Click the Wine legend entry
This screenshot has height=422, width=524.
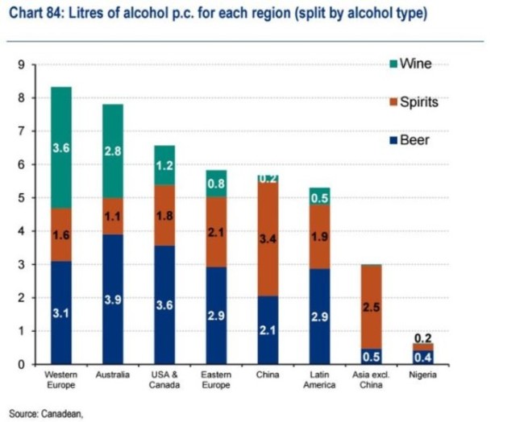pos(414,64)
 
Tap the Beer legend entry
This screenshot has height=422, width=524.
pos(414,140)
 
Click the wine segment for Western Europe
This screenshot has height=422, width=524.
pos(62,147)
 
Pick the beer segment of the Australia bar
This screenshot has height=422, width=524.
pos(113,299)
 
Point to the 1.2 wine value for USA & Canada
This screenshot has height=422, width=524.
pos(165,166)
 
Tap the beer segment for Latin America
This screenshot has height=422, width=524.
pos(318,316)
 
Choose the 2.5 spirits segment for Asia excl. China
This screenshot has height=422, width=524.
pos(370,307)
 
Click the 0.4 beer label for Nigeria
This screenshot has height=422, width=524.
pos(422,357)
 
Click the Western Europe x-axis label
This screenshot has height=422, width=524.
pos(62,380)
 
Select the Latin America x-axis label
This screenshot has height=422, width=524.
pos(318,380)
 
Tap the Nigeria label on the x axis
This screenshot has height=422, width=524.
pos(422,375)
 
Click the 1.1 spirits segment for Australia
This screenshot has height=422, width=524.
pos(113,217)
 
